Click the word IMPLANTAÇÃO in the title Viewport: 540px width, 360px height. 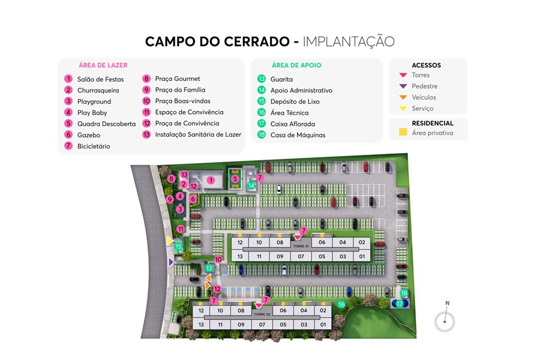(349, 41)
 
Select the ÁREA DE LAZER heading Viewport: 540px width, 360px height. (103, 65)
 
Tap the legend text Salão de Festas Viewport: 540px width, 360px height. (100, 79)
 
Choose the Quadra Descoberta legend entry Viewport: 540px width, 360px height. (106, 124)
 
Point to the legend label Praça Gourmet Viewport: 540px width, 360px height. (178, 79)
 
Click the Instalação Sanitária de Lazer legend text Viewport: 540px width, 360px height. (198, 134)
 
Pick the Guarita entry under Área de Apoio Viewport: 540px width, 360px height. (281, 79)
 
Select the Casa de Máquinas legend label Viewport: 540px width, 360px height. (298, 135)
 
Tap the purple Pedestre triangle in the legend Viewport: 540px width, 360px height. (403, 86)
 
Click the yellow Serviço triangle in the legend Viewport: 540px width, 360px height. (403, 109)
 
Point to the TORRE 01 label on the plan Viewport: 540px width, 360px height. (301, 246)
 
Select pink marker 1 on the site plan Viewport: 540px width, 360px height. (211, 179)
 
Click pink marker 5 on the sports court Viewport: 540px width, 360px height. (235, 178)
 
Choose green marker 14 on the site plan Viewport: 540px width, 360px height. (252, 186)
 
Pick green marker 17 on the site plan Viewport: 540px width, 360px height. (400, 304)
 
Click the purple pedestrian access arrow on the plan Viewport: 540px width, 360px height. (172, 262)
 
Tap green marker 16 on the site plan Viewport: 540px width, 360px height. (341, 305)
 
